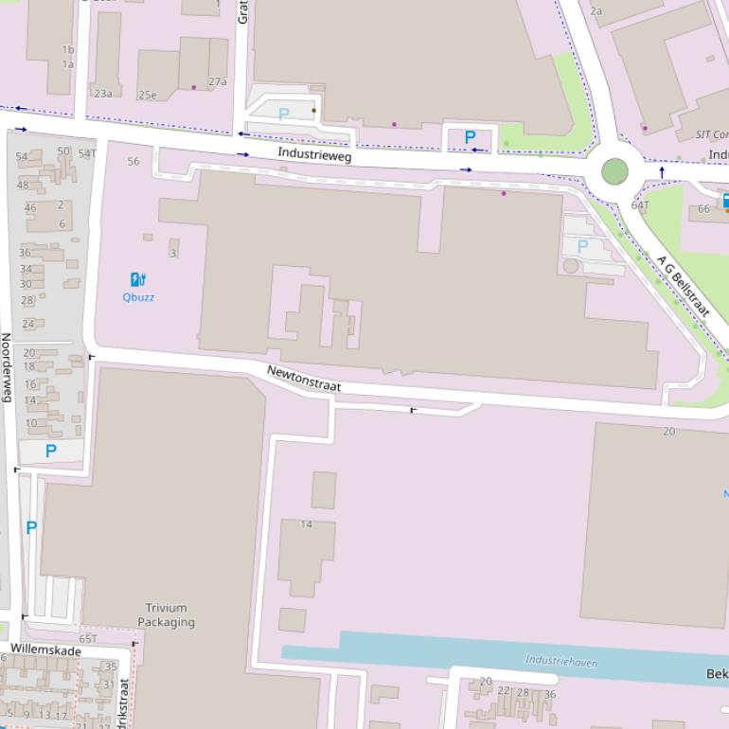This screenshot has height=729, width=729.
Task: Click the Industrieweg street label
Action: pyautogui.click(x=314, y=153)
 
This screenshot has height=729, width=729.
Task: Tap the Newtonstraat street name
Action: pyautogui.click(x=303, y=380)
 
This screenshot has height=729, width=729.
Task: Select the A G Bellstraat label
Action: pyautogui.click(x=683, y=284)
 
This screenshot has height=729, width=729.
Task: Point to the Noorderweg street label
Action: pyautogui.click(x=6, y=367)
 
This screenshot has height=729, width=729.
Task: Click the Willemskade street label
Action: pyautogui.click(x=46, y=649)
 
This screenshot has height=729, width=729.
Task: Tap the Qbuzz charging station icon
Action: pyautogui.click(x=138, y=279)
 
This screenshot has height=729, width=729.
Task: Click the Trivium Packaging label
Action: pyautogui.click(x=166, y=614)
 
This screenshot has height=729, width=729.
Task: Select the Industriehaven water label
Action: pyautogui.click(x=561, y=662)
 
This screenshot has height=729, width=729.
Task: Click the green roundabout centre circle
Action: pyautogui.click(x=614, y=172)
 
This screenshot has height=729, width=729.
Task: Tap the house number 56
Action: pyautogui.click(x=133, y=161)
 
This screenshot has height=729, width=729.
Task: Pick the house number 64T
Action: pyautogui.click(x=641, y=204)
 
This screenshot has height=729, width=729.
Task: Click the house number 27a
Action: pyautogui.click(x=218, y=81)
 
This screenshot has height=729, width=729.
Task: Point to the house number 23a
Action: pyautogui.click(x=102, y=93)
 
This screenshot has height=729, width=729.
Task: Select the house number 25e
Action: pyautogui.click(x=147, y=95)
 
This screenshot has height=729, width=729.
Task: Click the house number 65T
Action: pyautogui.click(x=88, y=639)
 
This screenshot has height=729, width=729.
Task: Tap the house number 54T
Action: pyautogui.click(x=87, y=153)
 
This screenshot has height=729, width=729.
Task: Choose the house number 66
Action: pyautogui.click(x=703, y=209)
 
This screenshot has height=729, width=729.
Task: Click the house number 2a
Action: pyautogui.click(x=596, y=10)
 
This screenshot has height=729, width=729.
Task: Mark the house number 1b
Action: pyautogui.click(x=67, y=49)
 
